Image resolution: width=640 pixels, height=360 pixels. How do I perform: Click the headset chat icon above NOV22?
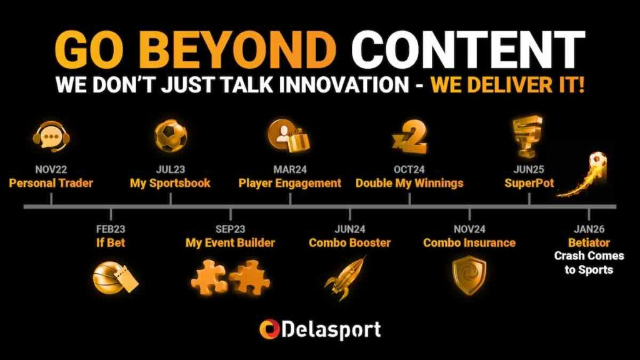pos(51,136)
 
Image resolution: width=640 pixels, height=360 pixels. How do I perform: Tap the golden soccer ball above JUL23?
pos(171,136)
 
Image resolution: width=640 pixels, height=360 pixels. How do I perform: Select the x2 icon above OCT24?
pos(410,137)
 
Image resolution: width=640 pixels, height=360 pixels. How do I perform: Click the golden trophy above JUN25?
pos(528,136)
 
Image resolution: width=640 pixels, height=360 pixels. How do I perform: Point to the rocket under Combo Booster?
pos(346,277)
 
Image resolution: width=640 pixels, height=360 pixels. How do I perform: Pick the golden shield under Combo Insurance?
pos(469,275)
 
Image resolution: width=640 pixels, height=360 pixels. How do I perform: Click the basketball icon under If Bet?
pos(116,277)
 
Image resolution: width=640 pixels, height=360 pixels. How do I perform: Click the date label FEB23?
pos(111,229)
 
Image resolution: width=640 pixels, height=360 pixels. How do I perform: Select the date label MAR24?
pos(290,169)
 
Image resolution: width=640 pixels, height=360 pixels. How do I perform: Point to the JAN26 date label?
pos(589,229)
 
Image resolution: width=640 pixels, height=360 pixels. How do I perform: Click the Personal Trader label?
pos(51,183)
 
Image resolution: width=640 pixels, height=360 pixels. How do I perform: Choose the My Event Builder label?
pos(230,243)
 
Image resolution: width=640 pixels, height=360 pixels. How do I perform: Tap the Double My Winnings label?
pos(410,183)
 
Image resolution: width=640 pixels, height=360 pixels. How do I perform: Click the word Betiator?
pos(589,243)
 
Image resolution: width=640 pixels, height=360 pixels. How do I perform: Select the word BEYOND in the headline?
pos(241,49)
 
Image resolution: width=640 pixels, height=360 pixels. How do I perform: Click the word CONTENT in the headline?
pos(468,49)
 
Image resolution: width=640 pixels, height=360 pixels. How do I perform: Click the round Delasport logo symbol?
pos(269,329)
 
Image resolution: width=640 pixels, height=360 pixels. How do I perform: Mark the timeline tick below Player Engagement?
pos(290,199)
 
